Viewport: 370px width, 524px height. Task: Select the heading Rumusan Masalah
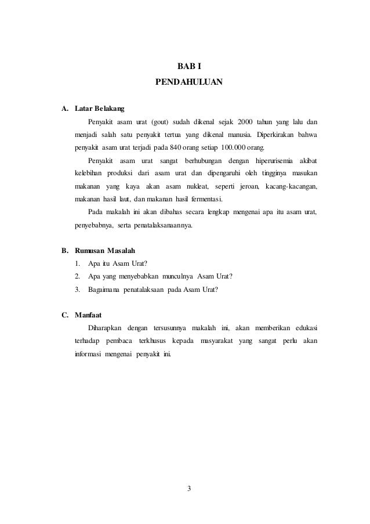coord(104,251)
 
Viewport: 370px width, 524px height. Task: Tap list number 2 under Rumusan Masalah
coord(77,276)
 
